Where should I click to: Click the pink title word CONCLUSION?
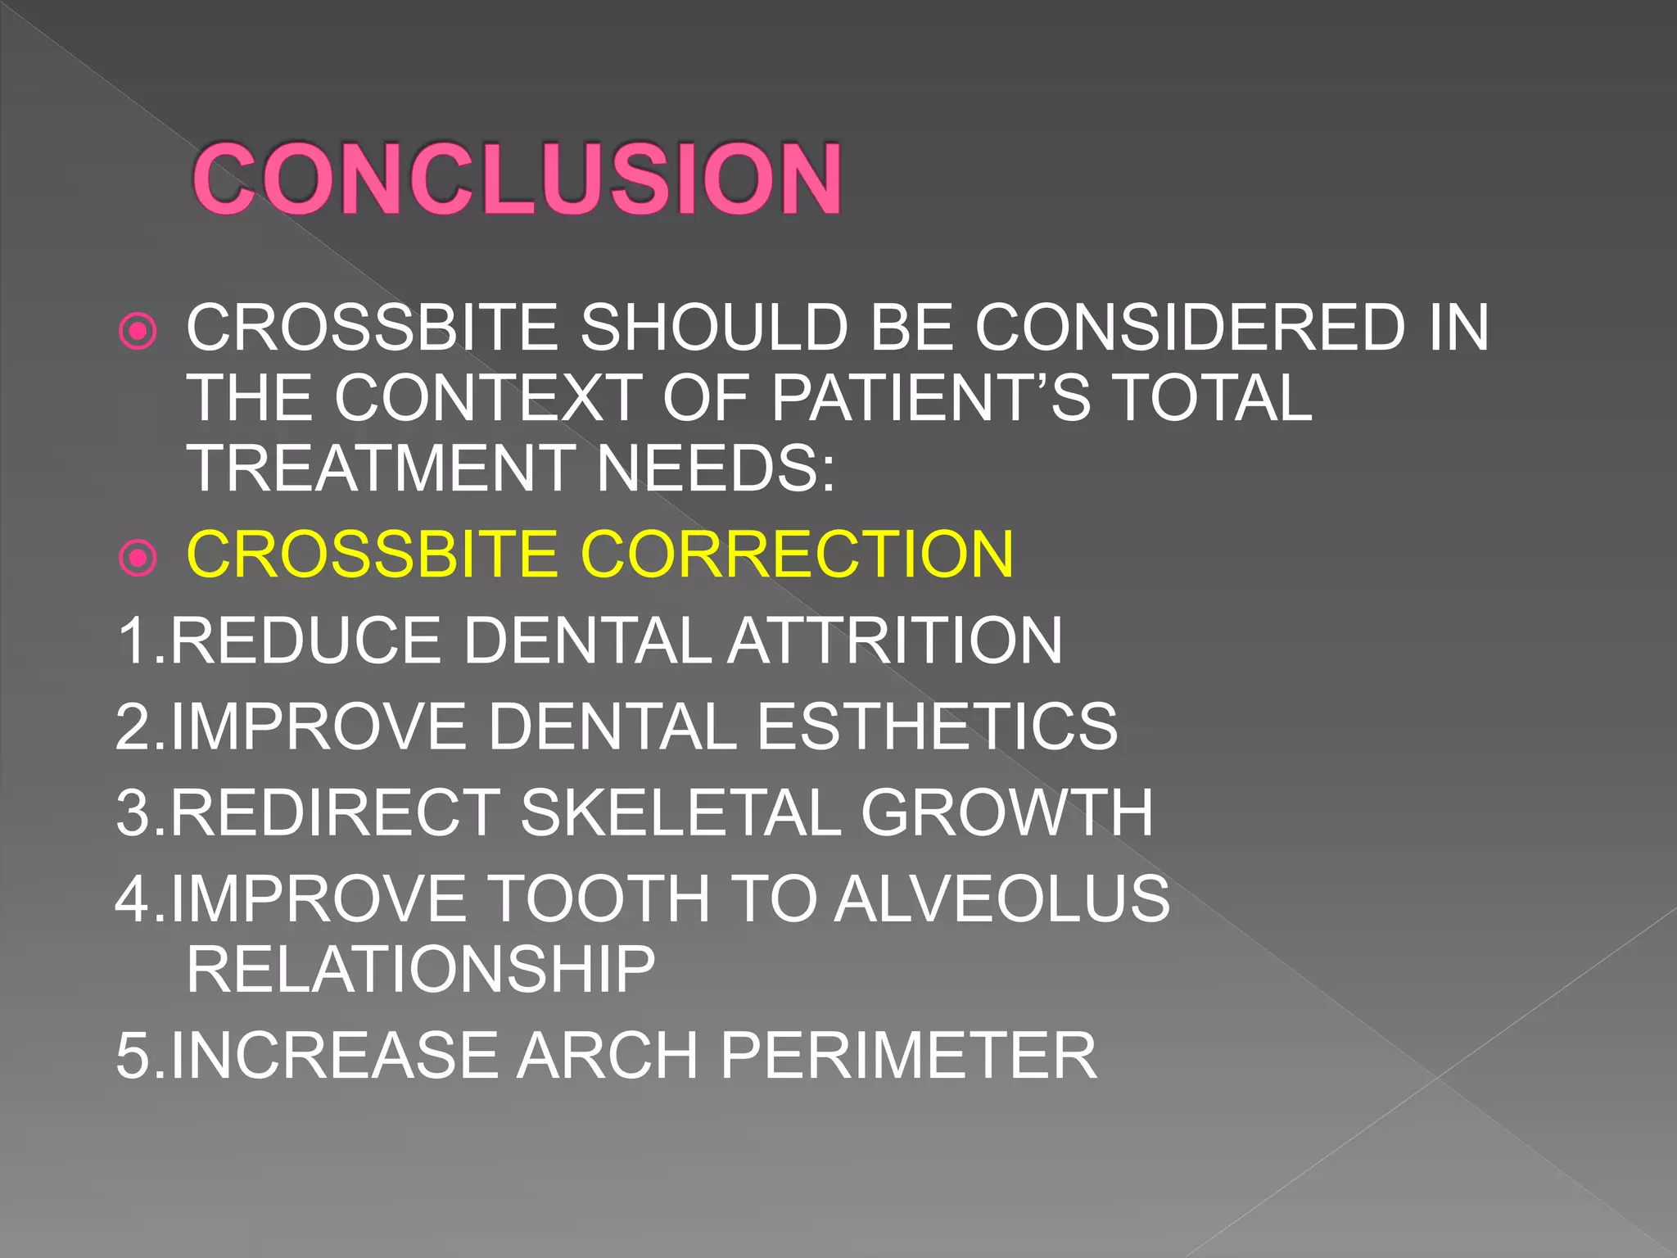point(517,179)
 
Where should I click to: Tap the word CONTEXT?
point(488,398)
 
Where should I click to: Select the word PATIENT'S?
point(931,398)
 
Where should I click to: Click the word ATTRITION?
point(895,640)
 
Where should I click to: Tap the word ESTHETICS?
point(937,726)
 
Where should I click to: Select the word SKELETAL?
point(680,812)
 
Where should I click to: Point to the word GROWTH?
point(1006,812)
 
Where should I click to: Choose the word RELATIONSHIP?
point(421,969)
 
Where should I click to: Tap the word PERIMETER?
point(908,1055)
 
